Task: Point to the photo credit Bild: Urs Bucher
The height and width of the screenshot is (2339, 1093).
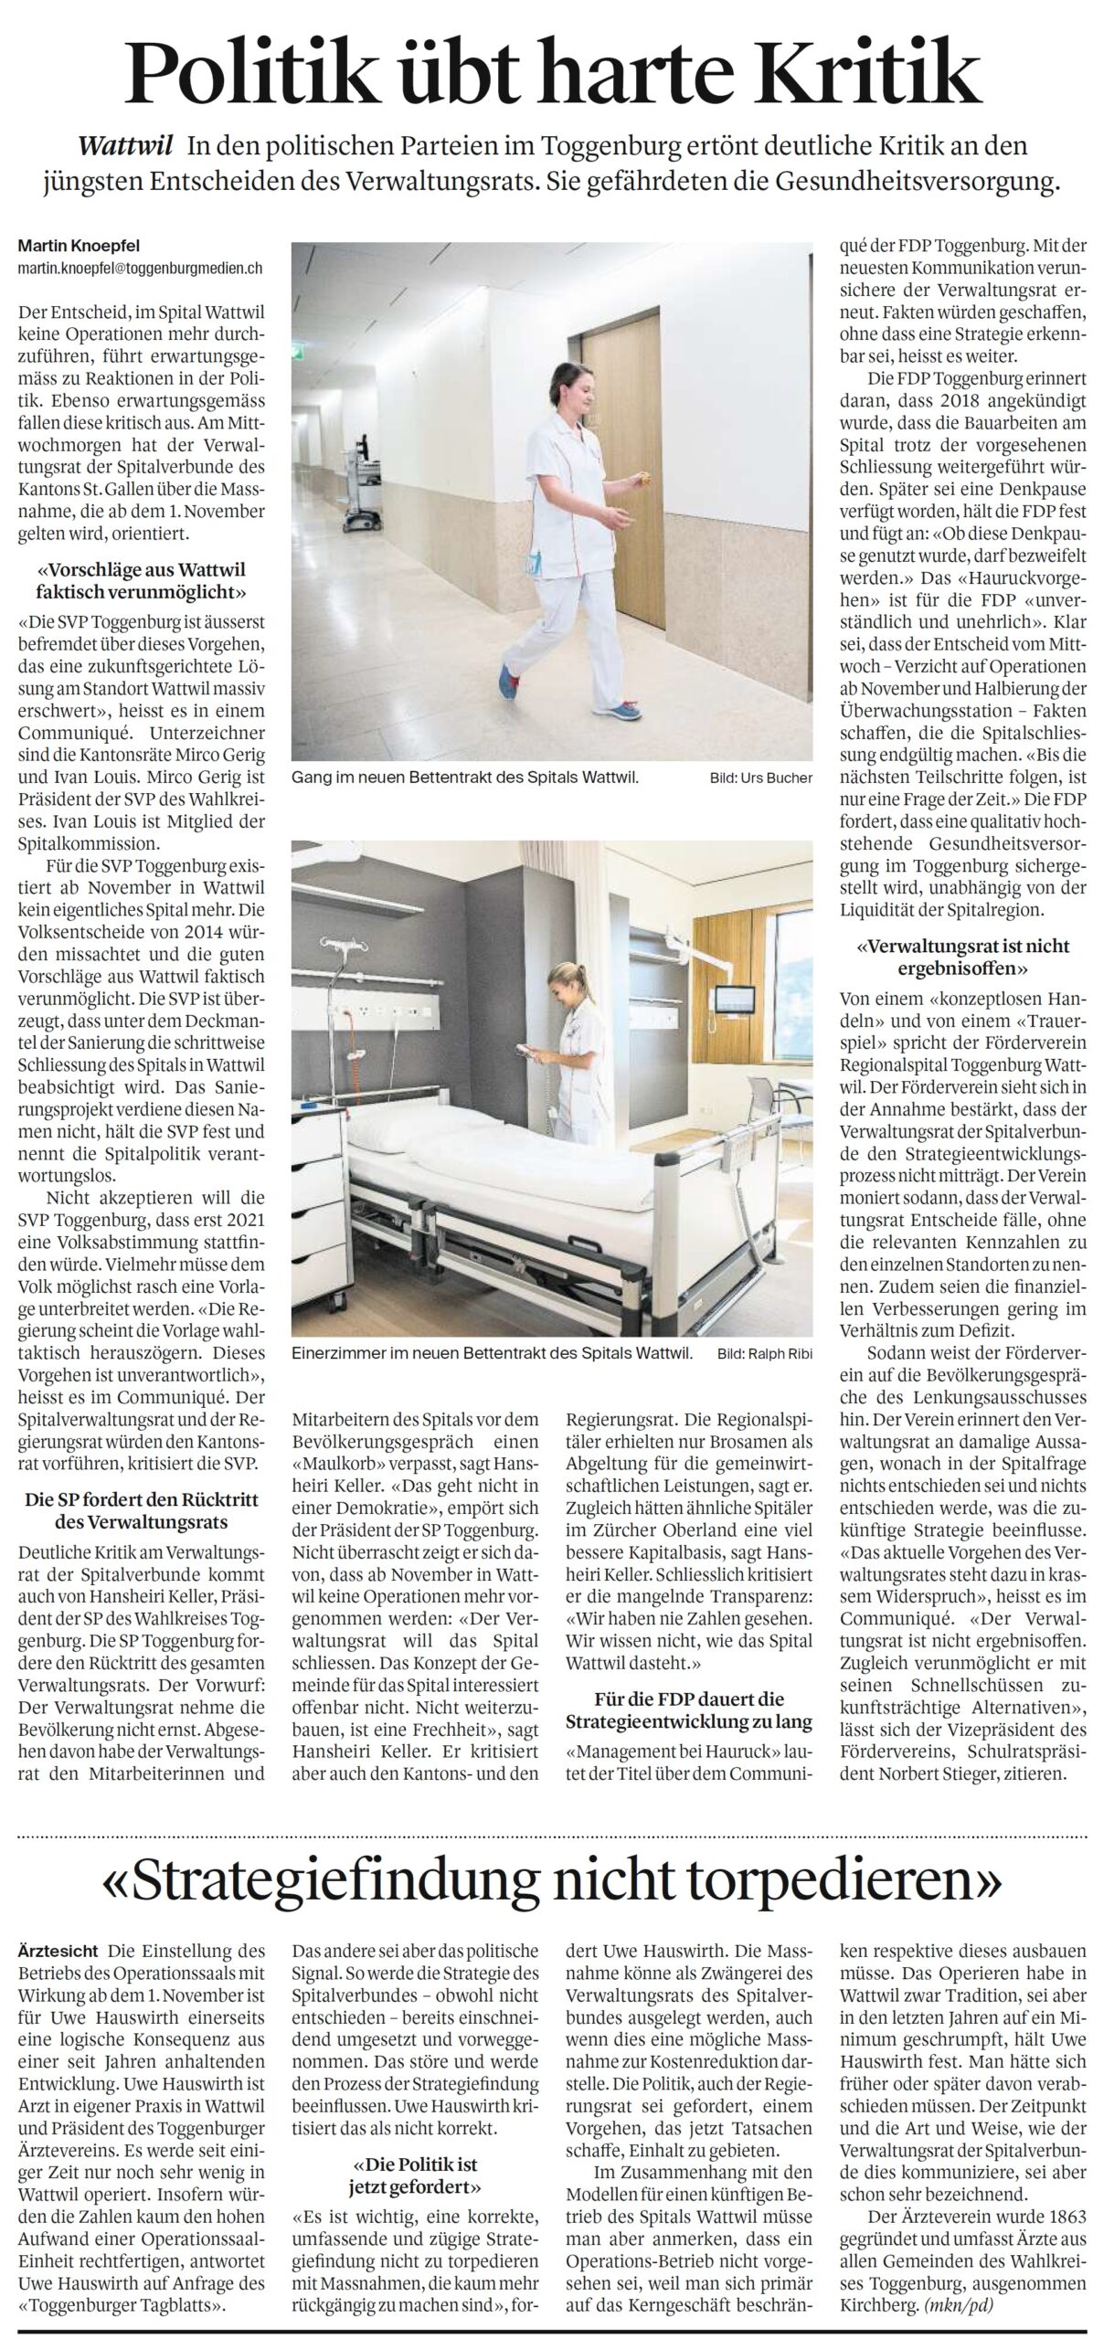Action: click(760, 778)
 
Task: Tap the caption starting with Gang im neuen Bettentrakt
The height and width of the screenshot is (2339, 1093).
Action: click(465, 778)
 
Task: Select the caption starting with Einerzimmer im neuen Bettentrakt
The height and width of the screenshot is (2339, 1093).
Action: click(493, 1351)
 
